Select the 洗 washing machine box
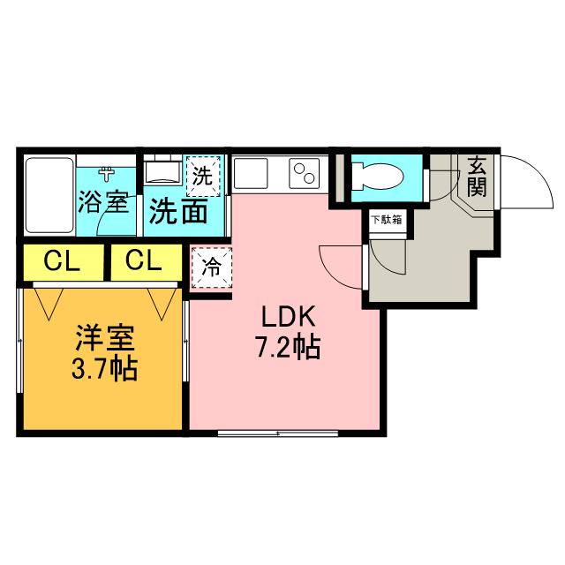pos(203,175)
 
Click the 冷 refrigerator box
pos(211,266)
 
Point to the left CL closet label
pos(58,261)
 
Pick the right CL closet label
pos(142,261)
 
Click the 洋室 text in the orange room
pos(103,337)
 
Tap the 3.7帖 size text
pos(103,368)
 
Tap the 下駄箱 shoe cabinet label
pos(386,219)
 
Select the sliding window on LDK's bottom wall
pos(277,433)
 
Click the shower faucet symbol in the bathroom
pos(107,173)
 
